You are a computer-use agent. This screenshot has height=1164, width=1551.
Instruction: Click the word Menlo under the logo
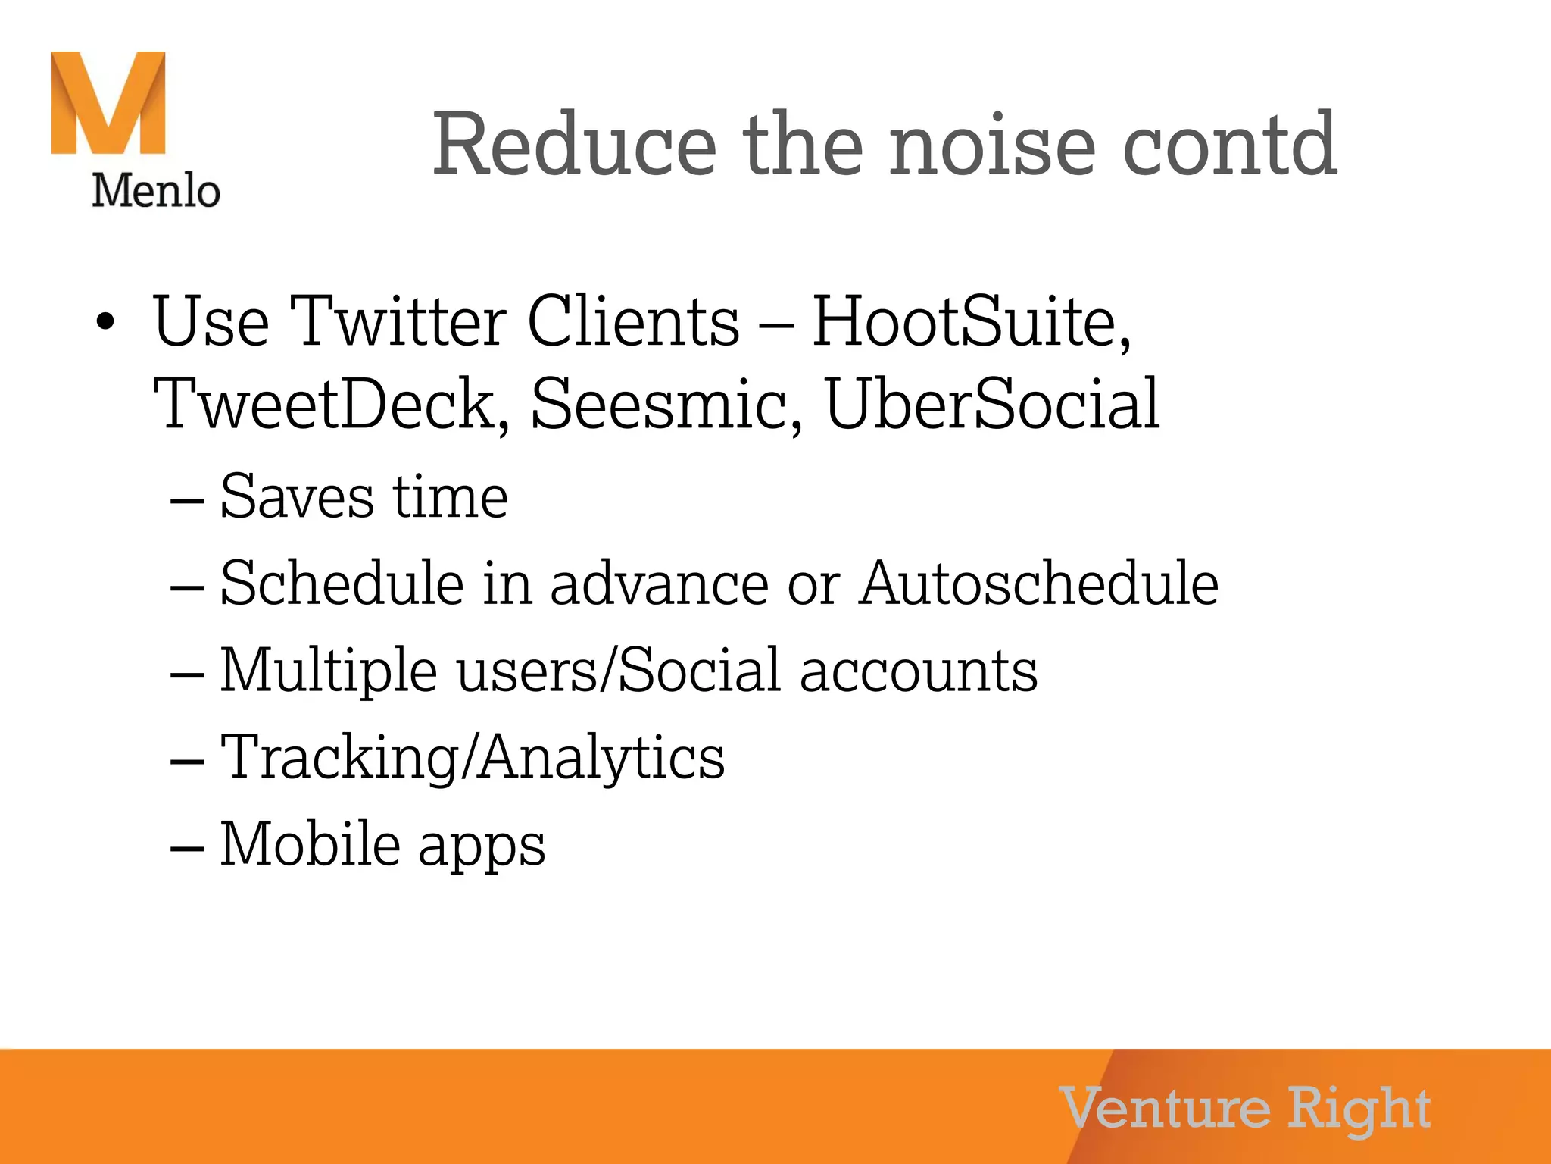156,190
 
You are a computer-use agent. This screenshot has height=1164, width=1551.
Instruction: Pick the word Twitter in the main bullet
398,321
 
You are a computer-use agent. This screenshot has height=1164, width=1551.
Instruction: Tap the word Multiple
329,671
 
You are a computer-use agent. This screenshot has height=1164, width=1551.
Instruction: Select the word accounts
919,671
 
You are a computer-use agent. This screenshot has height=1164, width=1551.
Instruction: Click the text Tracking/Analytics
472,758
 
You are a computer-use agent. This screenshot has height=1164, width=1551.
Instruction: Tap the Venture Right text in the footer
1245,1109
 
